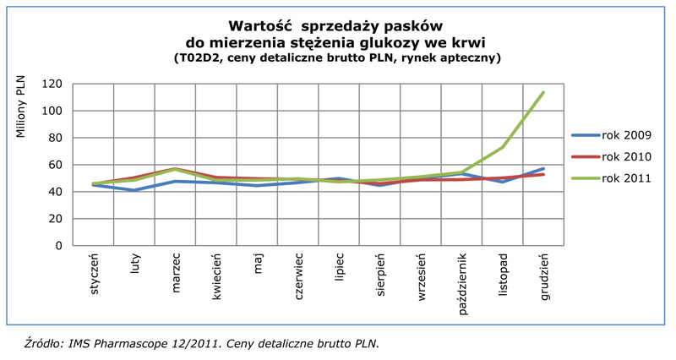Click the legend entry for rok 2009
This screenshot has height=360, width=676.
[x=624, y=135]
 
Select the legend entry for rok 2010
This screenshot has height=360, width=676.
[x=624, y=156]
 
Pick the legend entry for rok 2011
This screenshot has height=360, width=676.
[x=624, y=177]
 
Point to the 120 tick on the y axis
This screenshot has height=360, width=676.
[x=54, y=84]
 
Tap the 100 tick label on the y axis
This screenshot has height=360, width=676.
[x=54, y=111]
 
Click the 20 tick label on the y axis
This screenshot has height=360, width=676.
[x=57, y=219]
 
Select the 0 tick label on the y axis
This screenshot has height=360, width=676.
[x=61, y=246]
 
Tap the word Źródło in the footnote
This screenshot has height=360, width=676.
[x=42, y=343]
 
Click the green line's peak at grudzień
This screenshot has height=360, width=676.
[x=543, y=92]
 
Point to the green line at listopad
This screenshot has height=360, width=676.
[x=503, y=147]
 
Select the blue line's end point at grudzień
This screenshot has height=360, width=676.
[x=543, y=168]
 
